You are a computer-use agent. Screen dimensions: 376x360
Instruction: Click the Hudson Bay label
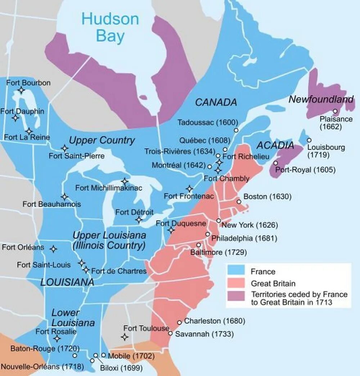click(110, 27)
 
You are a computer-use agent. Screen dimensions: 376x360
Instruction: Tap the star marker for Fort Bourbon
click(22, 90)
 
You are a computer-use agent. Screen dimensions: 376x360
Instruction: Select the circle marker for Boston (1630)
click(239, 202)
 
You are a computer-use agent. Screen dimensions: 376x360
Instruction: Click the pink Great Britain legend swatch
click(236, 283)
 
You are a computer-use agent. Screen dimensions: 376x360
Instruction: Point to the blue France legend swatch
click(236, 271)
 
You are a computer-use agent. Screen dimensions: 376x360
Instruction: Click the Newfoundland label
click(321, 99)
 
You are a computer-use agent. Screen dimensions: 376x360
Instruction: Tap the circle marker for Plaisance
click(335, 111)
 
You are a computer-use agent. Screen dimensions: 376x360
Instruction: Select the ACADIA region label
click(275, 146)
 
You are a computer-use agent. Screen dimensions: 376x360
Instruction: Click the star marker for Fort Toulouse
click(125, 337)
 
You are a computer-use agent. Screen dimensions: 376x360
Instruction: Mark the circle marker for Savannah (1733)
click(170, 333)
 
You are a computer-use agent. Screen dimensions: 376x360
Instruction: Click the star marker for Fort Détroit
click(139, 219)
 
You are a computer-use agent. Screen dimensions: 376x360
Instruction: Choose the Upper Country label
click(102, 140)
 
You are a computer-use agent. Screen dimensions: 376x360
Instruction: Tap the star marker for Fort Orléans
click(53, 249)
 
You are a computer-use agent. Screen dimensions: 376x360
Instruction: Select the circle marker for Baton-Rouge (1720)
click(75, 355)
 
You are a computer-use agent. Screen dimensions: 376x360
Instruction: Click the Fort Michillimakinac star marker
click(125, 181)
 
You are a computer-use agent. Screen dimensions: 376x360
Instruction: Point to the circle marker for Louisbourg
click(309, 140)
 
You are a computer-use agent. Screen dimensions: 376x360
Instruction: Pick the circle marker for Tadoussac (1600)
click(236, 130)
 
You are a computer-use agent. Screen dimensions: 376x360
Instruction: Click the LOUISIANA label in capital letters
click(67, 282)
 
